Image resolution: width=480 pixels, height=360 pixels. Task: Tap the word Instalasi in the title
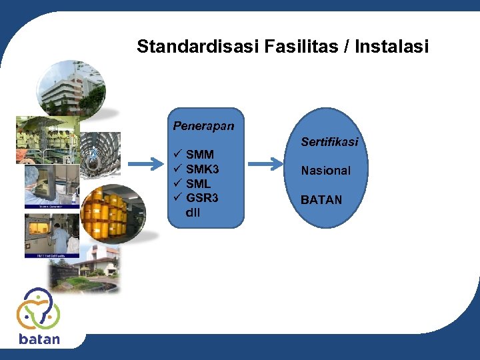392,47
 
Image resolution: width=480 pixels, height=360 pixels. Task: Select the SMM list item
200,155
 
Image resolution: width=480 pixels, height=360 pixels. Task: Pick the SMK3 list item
203,169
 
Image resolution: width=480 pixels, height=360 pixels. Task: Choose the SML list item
199,183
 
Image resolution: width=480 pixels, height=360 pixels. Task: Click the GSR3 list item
203,198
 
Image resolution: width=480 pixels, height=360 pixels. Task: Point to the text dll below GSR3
193,213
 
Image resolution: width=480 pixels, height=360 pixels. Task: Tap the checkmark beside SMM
177,155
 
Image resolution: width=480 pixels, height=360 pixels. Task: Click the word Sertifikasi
329,142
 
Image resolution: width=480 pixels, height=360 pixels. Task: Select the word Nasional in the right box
325,171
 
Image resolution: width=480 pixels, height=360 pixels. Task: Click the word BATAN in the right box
321,200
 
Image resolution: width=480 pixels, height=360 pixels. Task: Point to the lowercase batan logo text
39,339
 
